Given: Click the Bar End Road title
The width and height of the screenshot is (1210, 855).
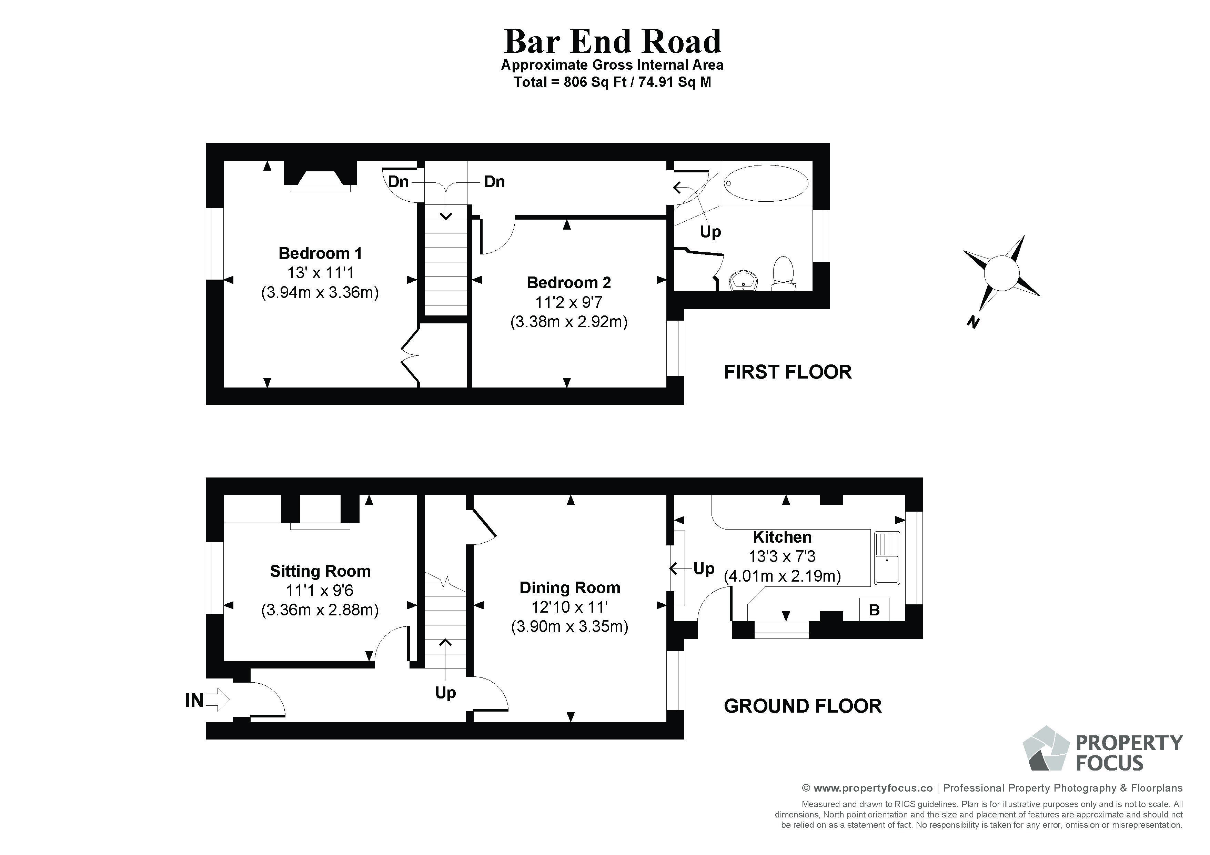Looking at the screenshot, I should [612, 42].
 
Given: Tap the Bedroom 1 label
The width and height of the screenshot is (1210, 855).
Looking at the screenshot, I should [320, 253].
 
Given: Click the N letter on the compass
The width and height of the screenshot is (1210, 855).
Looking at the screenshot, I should [973, 322].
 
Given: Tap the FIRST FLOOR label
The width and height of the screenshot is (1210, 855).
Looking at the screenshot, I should [787, 372].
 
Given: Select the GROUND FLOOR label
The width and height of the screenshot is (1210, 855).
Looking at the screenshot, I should [802, 706].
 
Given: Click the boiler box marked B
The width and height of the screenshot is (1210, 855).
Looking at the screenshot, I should [874, 610].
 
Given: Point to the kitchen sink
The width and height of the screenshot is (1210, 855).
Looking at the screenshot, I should [887, 558].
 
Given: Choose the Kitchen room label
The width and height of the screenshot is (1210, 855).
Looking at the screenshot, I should [782, 537].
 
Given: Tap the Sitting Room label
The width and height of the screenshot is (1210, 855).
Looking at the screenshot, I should [320, 571].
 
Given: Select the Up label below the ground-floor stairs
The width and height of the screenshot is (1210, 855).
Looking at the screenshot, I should [445, 692].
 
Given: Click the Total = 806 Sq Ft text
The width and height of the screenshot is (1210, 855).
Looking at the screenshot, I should [612, 82].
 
